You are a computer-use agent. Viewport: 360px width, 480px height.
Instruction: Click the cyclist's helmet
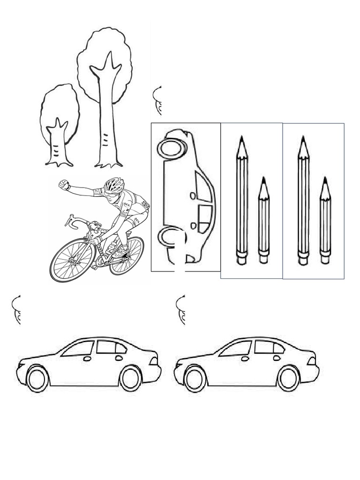coord(114,185)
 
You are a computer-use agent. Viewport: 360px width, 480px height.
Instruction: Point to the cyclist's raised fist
coord(64,185)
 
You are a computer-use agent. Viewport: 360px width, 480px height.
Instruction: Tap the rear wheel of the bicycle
coord(127,255)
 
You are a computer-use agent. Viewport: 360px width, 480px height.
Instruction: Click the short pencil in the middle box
coord(264,220)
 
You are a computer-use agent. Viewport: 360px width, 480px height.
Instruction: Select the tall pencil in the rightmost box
coord(303,202)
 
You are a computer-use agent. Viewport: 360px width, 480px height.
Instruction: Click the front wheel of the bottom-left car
coord(37,378)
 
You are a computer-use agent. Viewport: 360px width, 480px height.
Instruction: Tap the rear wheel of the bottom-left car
coord(131,378)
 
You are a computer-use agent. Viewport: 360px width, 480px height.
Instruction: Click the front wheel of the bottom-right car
coord(195,378)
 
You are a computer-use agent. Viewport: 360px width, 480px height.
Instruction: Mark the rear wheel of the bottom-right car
coord(288,378)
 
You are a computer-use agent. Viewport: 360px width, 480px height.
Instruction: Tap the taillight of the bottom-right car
coord(311,361)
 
